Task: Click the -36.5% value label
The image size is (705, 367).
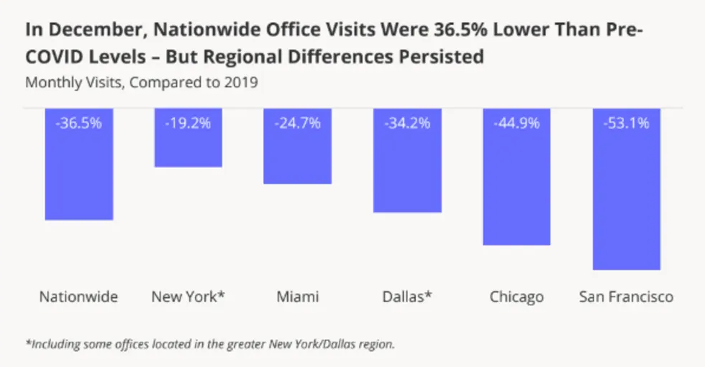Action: coord(79,123)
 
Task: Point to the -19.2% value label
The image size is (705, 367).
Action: coord(188,123)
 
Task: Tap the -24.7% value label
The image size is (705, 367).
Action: coord(298,123)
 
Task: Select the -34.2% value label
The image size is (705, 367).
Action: coord(407,123)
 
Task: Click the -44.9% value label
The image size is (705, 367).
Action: coord(517,123)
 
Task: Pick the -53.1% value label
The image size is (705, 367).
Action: coord(626,123)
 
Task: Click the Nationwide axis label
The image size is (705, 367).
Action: coord(78,297)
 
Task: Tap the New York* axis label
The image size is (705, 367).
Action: coord(188,297)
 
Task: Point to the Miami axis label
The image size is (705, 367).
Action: coord(297,297)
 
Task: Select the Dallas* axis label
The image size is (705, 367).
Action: coord(408,297)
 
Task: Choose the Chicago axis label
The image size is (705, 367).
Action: coord(517,297)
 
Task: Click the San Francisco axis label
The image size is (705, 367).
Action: coord(626,297)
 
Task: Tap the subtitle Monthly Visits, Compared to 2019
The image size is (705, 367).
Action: coord(142,82)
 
